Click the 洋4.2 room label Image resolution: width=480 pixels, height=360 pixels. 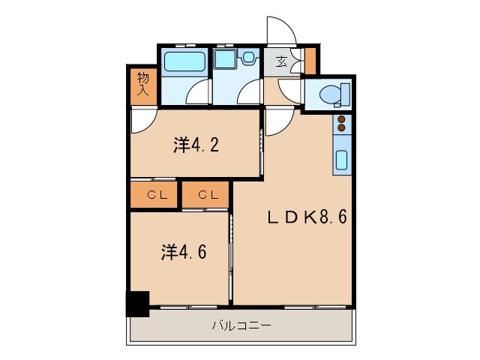pos(196,145)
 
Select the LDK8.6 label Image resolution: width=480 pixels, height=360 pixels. pos(307,217)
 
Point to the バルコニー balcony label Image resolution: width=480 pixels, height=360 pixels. pos(241,325)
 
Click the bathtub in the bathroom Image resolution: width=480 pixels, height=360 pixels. pos(182,61)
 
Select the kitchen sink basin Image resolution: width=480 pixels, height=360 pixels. pos(341,160)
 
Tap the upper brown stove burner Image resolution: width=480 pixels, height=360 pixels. pos(341,119)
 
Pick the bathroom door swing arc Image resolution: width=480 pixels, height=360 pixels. pos(196,94)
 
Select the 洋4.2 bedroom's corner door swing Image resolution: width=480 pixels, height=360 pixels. pos(143,120)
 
